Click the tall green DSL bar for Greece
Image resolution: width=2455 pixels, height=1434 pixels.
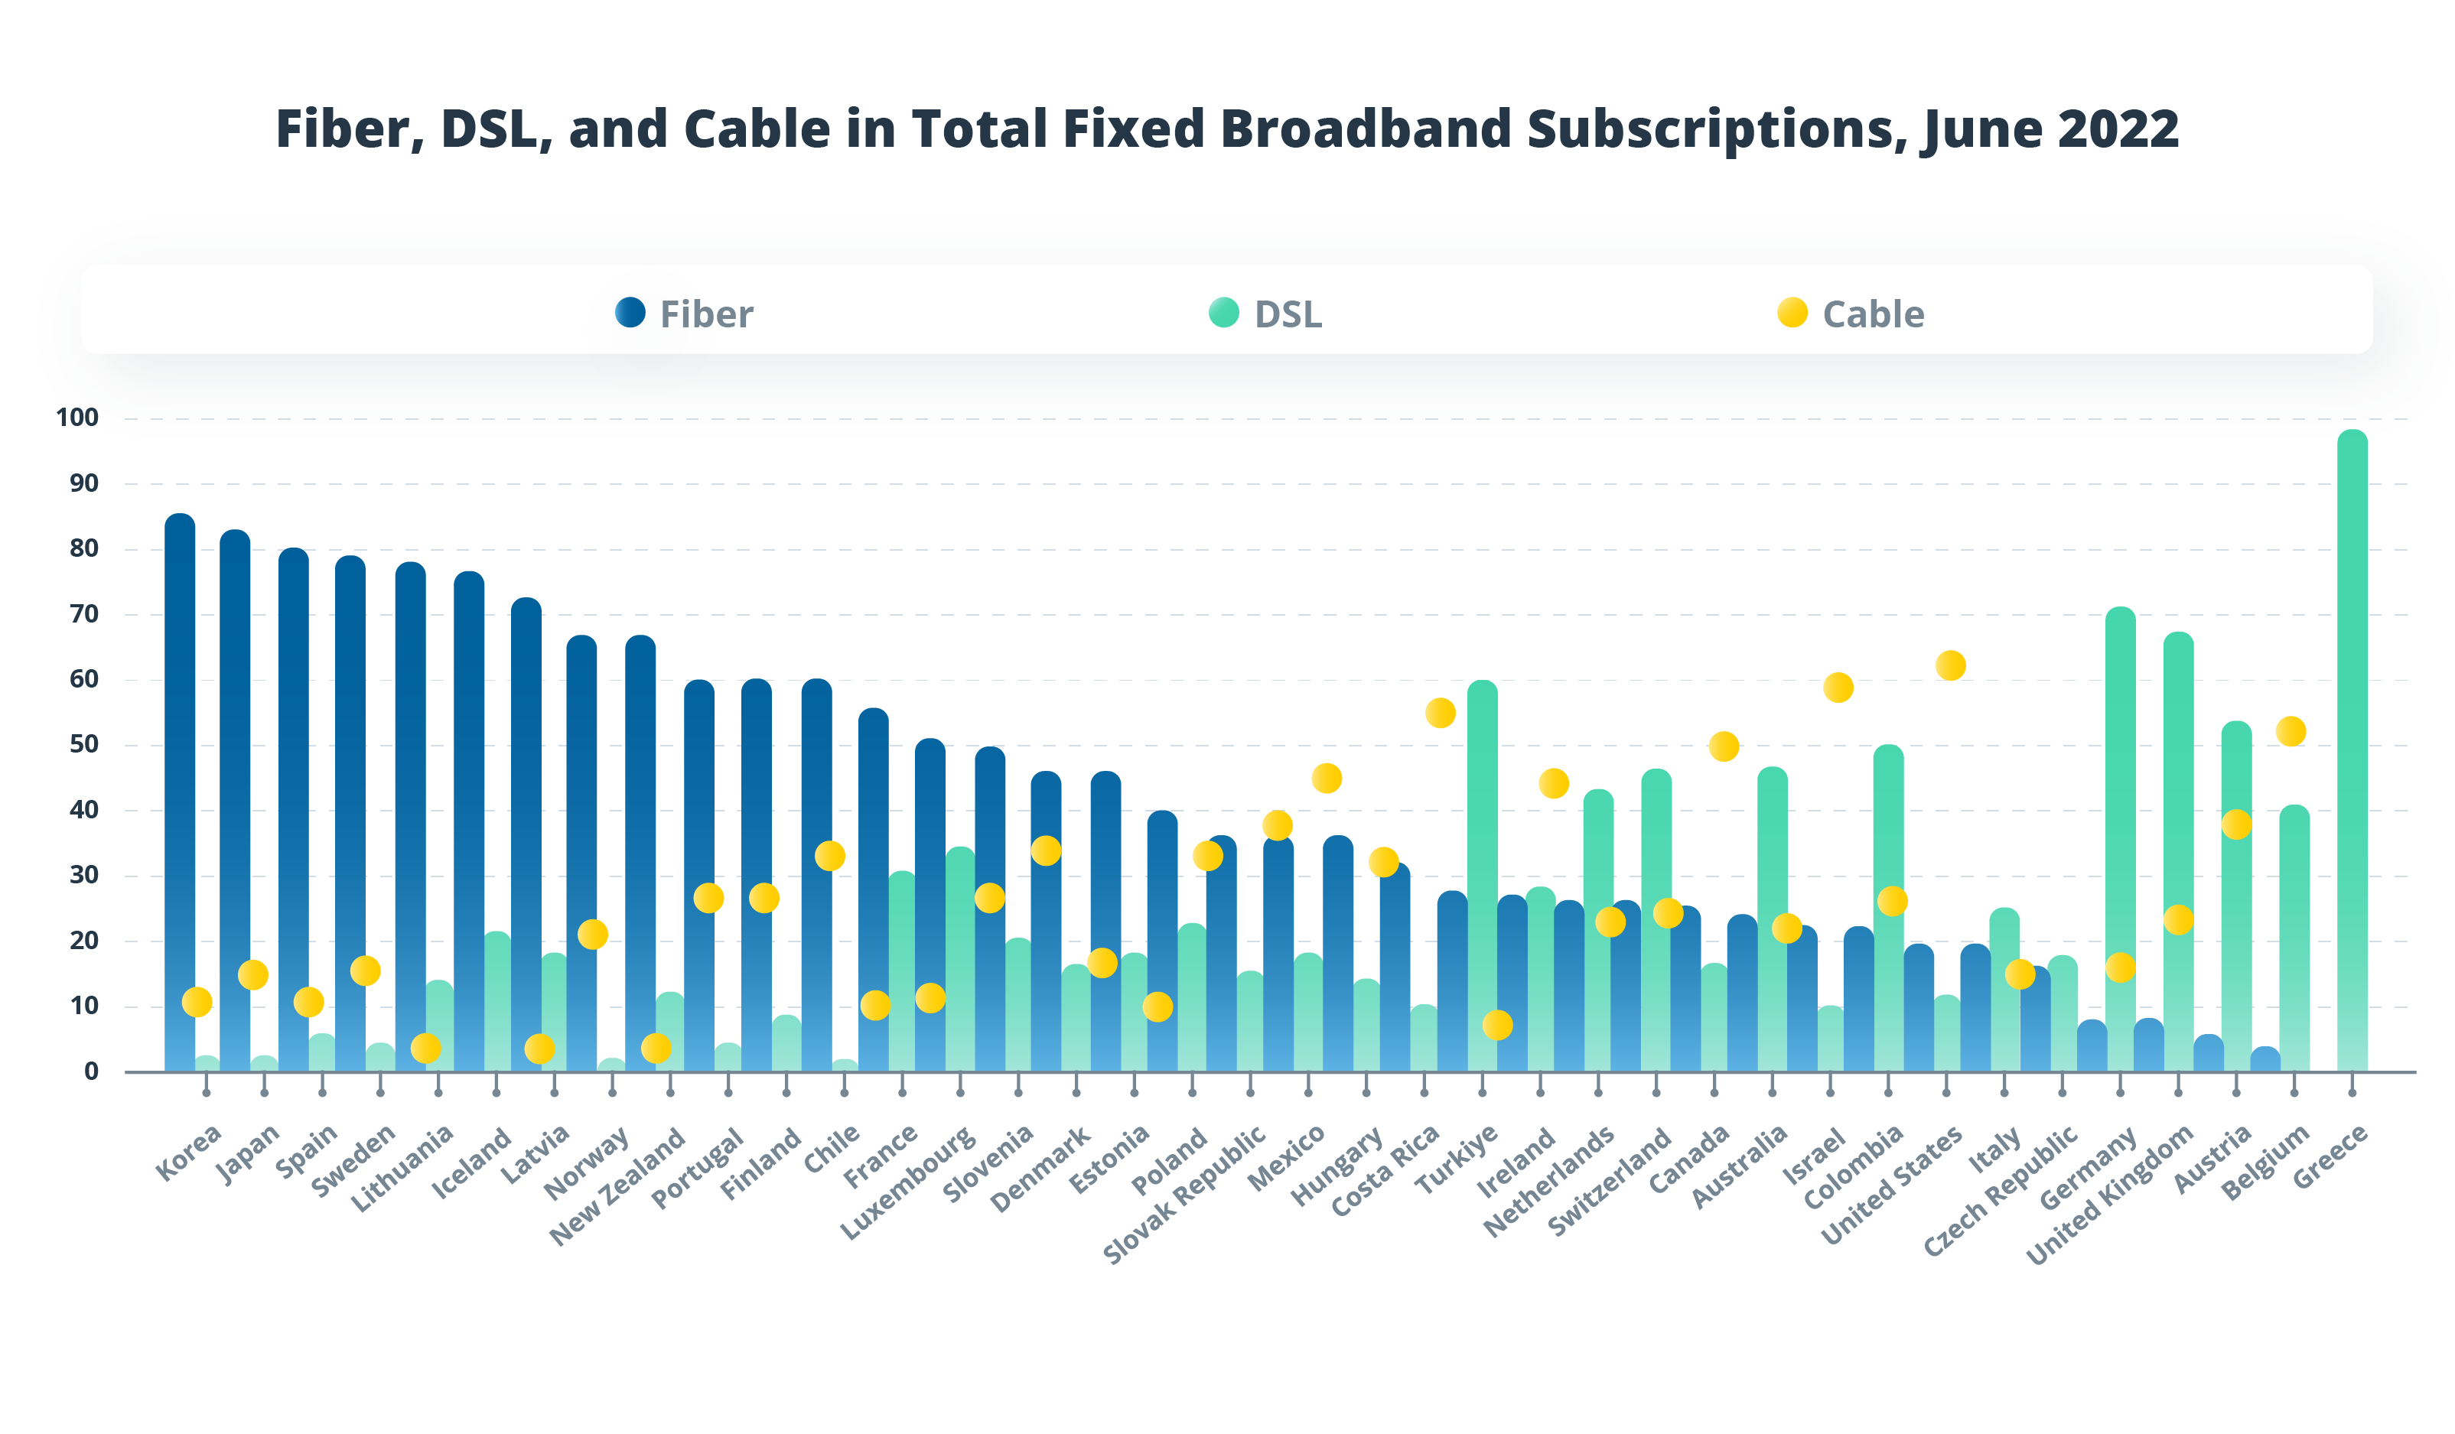[x=2351, y=750]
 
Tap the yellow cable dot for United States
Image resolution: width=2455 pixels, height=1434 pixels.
[x=1950, y=665]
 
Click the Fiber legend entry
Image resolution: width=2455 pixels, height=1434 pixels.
[x=685, y=314]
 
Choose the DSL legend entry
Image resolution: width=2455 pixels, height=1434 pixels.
[x=1266, y=314]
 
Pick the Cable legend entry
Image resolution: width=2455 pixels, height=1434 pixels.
[x=1851, y=314]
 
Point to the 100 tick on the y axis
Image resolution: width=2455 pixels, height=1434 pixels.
[x=77, y=418]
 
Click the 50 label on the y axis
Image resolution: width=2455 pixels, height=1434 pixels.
[x=84, y=744]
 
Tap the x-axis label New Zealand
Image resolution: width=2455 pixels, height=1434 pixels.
[x=617, y=1186]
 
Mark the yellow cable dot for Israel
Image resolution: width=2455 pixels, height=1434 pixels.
[x=1838, y=688]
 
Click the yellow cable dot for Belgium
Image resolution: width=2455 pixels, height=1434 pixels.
[x=2291, y=730]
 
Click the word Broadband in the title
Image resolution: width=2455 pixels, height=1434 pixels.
[x=1364, y=128]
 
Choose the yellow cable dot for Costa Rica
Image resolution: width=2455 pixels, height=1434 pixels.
[x=1440, y=713]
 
